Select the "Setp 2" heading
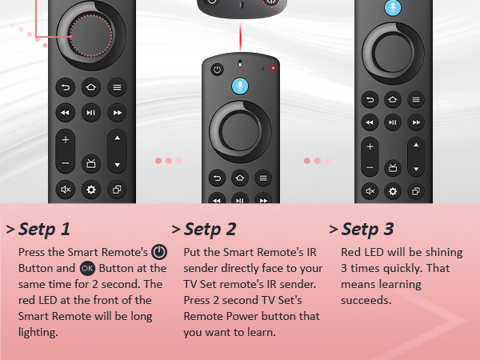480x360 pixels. point(210,230)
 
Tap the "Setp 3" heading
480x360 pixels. point(367,230)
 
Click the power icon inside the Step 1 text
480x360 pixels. point(159,252)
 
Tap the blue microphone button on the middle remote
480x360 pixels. point(239,85)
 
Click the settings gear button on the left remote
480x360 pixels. point(90,190)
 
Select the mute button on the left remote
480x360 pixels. point(66,190)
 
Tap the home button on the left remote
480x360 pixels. point(90,86)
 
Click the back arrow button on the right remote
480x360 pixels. point(370,99)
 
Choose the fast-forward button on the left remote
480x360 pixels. point(117,113)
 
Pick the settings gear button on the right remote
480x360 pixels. point(393,191)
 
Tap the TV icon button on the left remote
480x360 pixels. point(90,163)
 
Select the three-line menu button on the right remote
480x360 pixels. point(416,99)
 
